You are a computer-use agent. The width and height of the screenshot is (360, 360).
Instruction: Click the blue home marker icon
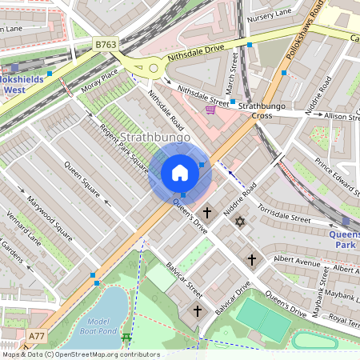pyautogui.click(x=180, y=173)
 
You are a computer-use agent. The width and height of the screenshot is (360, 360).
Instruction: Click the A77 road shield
pyautogui.click(x=37, y=335)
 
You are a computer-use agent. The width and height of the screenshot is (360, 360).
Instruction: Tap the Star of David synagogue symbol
pyautogui.click(x=238, y=220)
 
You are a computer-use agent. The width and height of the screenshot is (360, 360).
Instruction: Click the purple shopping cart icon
pyautogui.click(x=210, y=109)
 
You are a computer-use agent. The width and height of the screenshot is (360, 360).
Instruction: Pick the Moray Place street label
pyautogui.click(x=100, y=78)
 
